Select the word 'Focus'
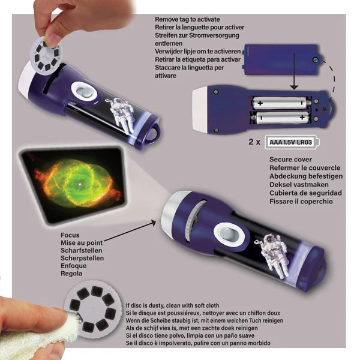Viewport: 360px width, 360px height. coord(71,235)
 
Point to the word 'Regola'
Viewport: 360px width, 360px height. coord(72,274)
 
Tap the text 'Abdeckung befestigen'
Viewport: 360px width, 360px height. coord(305,176)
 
